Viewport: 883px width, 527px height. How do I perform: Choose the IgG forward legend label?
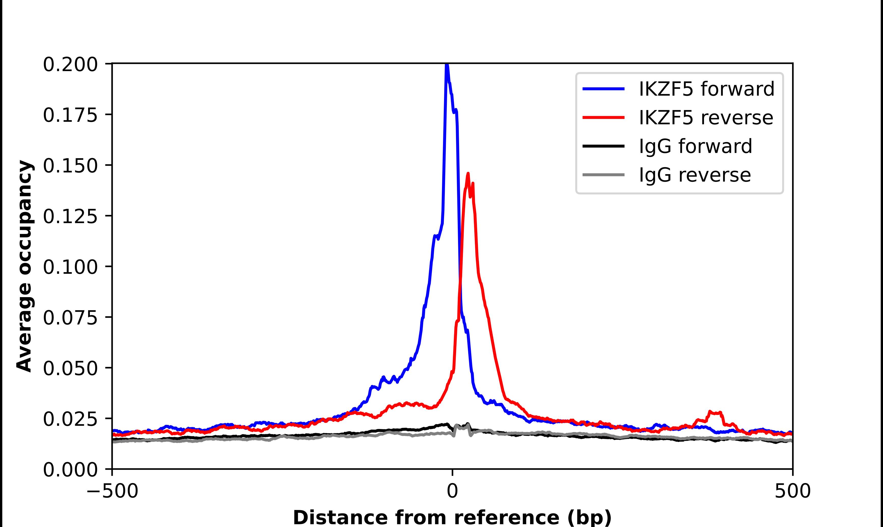[x=695, y=146]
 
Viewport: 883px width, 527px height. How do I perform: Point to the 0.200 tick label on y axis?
[x=70, y=65]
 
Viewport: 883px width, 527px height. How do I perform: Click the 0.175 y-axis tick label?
[x=70, y=115]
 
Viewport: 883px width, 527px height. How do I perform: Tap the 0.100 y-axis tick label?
[x=70, y=267]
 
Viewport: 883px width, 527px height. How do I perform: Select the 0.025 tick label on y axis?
[x=70, y=419]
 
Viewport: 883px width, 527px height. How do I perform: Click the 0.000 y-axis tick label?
[x=70, y=470]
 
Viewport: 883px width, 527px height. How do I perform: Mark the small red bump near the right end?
[x=714, y=413]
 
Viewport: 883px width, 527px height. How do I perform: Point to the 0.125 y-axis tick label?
[x=70, y=217]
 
